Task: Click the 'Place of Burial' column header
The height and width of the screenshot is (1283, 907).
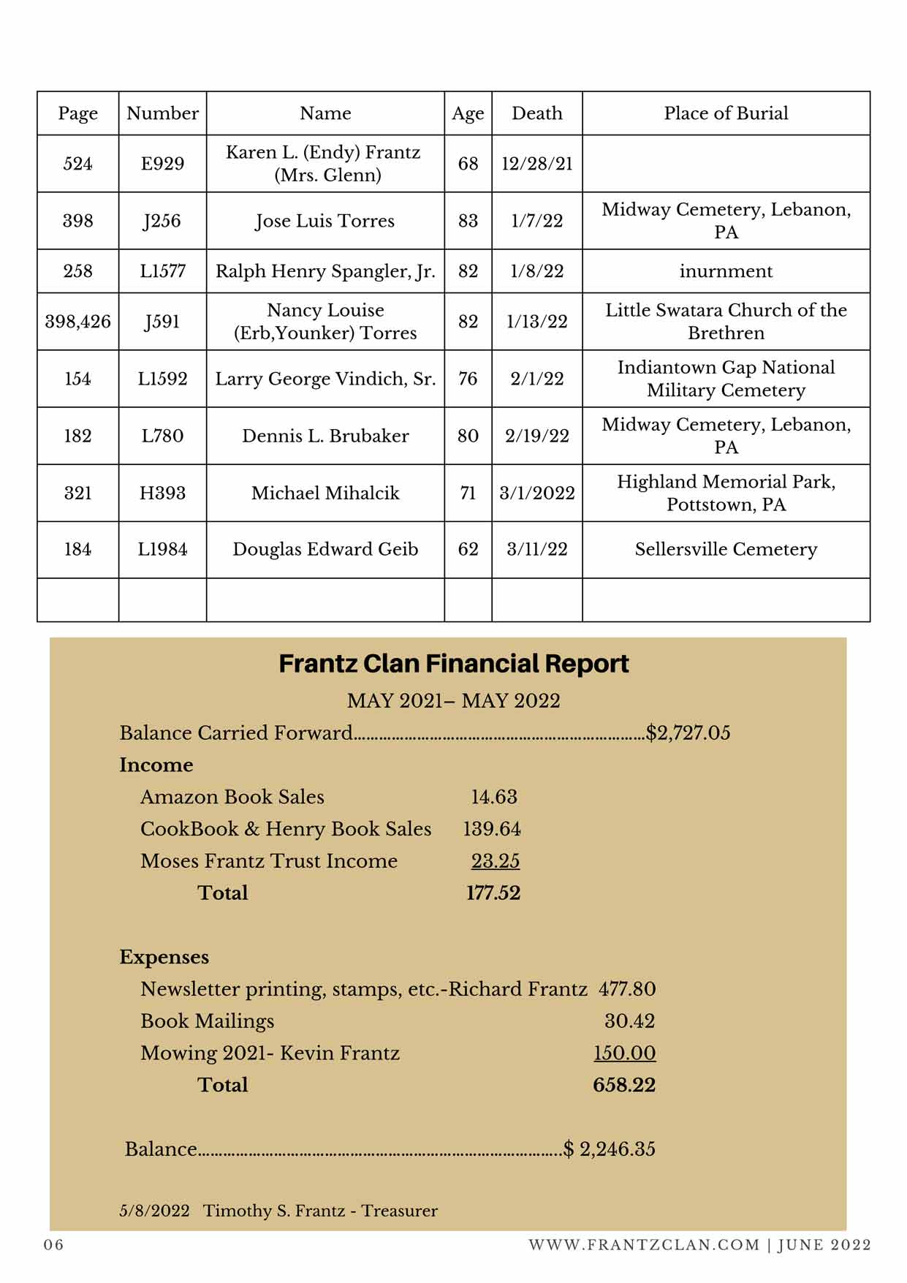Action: (x=725, y=113)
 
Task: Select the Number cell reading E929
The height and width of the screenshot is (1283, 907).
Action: (x=162, y=164)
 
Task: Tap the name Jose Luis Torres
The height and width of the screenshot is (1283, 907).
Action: (x=325, y=221)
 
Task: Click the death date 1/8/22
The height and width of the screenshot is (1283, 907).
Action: (x=536, y=271)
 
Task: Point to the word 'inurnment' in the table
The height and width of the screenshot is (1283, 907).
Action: (x=725, y=271)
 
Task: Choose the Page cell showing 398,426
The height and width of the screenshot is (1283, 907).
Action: (x=77, y=322)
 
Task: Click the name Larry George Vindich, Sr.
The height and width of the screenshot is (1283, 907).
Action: (x=325, y=379)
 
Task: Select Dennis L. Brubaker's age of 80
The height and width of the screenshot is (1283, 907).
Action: (x=468, y=436)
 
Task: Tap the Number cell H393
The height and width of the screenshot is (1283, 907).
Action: (x=162, y=493)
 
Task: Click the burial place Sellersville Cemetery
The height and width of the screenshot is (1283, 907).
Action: (x=725, y=549)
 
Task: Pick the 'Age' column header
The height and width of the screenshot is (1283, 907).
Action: (x=468, y=113)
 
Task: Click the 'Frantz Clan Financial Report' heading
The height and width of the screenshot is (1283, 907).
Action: (x=453, y=664)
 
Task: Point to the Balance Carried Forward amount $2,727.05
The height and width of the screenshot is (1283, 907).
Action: (x=688, y=733)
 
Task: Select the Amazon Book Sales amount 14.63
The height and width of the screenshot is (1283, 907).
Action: (x=494, y=797)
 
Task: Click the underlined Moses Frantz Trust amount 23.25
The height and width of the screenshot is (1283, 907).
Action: (x=495, y=861)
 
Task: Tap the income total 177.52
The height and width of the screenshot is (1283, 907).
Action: (x=493, y=893)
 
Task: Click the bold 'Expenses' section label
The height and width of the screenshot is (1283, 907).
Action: (x=164, y=957)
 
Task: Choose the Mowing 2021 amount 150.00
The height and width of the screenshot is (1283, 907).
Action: (x=624, y=1053)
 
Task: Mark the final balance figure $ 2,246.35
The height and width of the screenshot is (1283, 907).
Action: (x=610, y=1149)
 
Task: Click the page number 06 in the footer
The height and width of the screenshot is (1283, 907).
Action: (x=53, y=1245)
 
